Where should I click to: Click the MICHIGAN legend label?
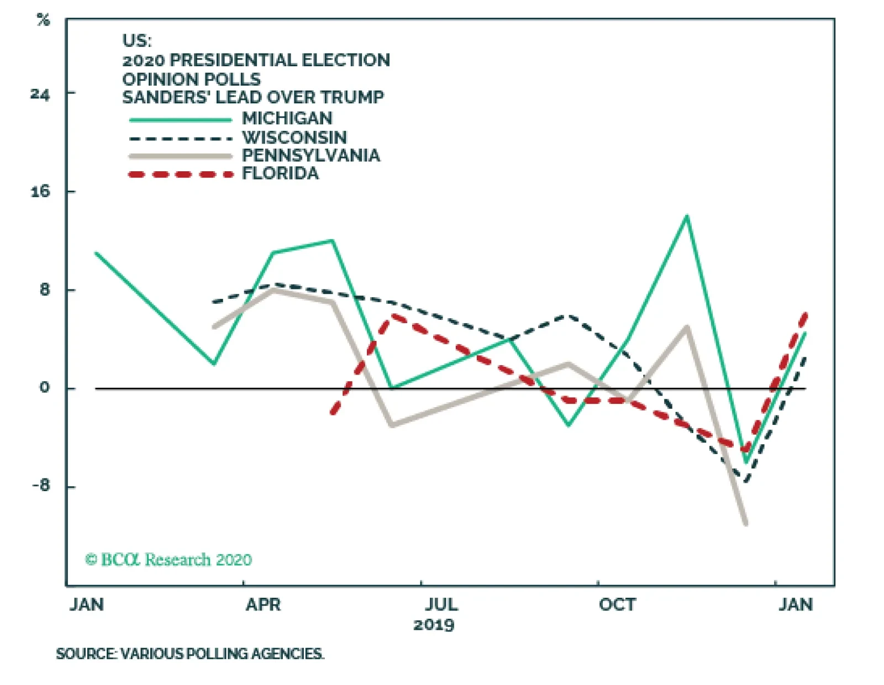click(x=287, y=118)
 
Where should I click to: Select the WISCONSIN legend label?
click(x=294, y=137)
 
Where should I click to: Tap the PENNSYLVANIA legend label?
click(x=311, y=155)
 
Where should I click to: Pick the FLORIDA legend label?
click(x=280, y=173)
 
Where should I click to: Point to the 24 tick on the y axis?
click(x=40, y=94)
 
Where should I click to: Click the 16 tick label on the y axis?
click(x=40, y=192)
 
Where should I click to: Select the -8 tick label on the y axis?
click(x=40, y=486)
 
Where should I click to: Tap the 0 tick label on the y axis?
click(x=44, y=388)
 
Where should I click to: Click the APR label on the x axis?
click(x=263, y=605)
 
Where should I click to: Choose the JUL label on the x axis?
click(x=441, y=605)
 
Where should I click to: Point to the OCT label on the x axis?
click(x=617, y=605)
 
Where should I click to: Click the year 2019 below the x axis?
click(x=434, y=625)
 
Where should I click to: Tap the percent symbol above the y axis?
click(x=43, y=20)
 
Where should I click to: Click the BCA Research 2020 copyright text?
click(x=169, y=560)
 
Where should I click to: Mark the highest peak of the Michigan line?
click(x=687, y=216)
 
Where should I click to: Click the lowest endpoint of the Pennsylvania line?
click(x=746, y=523)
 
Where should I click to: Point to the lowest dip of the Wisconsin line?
click(x=746, y=481)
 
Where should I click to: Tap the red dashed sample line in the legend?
click(x=181, y=175)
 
